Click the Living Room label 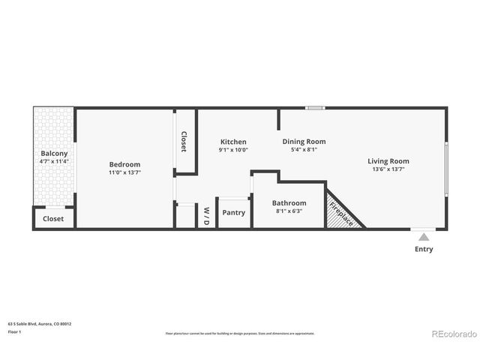tap(388, 160)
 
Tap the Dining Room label tap(304, 141)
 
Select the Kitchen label tap(233, 142)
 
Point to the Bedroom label tap(124, 164)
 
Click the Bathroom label tap(289, 202)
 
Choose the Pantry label tap(234, 212)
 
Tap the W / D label tap(207, 215)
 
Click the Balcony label tap(54, 153)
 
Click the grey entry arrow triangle tap(424, 237)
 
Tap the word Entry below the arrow tap(424, 249)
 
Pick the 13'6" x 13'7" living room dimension tap(388, 169)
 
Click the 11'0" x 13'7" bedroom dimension tap(124, 172)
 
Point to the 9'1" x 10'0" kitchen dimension tap(233, 149)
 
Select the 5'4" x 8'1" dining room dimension tap(304, 149)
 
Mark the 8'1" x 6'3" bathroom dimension tap(289, 211)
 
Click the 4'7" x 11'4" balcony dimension tap(54, 161)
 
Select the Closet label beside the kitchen tap(184, 142)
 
